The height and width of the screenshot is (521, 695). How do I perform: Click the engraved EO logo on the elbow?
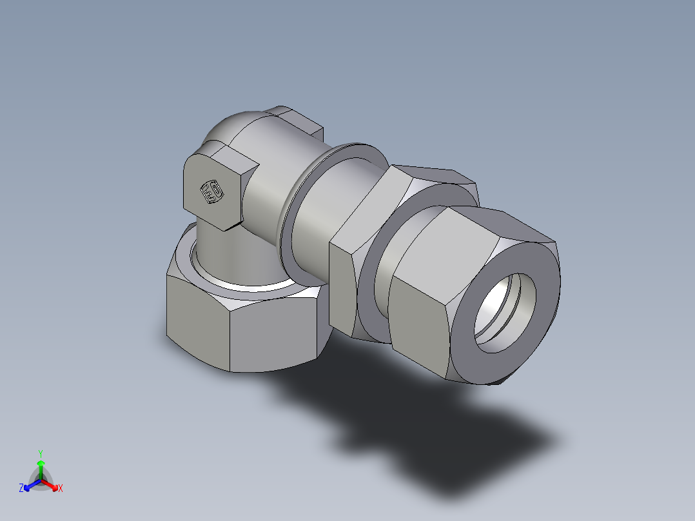(211, 192)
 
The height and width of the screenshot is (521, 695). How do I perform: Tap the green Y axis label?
(41, 453)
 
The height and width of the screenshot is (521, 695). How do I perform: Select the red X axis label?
(61, 489)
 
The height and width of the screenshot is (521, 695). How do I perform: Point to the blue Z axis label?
(21, 489)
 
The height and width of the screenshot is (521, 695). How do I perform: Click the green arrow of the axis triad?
(41, 466)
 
